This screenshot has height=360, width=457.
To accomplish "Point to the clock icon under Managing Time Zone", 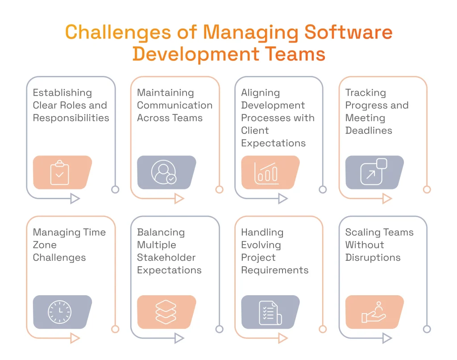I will [x=59, y=312].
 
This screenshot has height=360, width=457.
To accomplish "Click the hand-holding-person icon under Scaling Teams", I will [x=374, y=312].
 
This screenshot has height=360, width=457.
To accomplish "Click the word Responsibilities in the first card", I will [x=71, y=118].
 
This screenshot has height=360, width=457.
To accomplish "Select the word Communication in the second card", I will [x=174, y=105].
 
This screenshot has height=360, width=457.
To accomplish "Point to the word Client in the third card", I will [x=255, y=130].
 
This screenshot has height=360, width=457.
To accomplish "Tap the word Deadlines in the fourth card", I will [x=369, y=130].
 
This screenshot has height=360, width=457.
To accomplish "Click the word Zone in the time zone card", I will [x=45, y=245].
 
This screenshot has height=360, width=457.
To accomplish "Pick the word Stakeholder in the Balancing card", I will [x=166, y=258].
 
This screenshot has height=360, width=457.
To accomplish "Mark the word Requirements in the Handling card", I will [x=274, y=270].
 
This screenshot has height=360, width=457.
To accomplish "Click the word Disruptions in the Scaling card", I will [x=373, y=258].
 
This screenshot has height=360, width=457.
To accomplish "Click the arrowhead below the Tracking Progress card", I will [x=387, y=199].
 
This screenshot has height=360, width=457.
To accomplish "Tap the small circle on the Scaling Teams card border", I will [x=427, y=329].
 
